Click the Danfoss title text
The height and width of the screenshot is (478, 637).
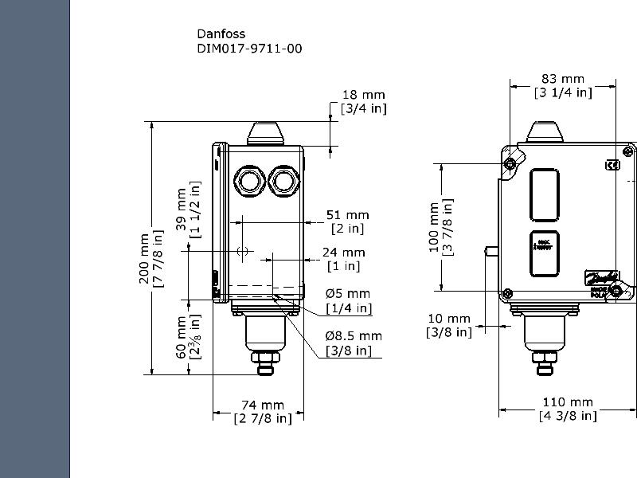pyautogui.click(x=221, y=33)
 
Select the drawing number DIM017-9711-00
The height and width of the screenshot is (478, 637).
pyautogui.click(x=249, y=49)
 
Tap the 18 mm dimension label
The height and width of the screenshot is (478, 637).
pyautogui.click(x=363, y=95)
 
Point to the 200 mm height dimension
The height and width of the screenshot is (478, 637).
pyautogui.click(x=144, y=260)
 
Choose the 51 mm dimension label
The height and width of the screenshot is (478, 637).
pyautogui.click(x=348, y=215)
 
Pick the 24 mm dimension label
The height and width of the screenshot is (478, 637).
pyautogui.click(x=343, y=253)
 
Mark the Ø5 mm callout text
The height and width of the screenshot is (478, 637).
pyautogui.click(x=348, y=294)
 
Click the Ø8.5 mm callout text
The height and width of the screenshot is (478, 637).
pyautogui.click(x=353, y=336)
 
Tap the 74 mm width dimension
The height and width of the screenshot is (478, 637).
pyautogui.click(x=262, y=406)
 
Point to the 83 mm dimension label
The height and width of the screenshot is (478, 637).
pyautogui.click(x=563, y=79)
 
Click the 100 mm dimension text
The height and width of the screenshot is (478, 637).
pyautogui.click(x=435, y=226)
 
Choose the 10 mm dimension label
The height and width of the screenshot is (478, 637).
pyautogui.click(x=449, y=319)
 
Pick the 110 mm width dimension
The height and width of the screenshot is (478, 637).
pyautogui.click(x=567, y=402)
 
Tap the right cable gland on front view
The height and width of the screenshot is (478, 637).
pyautogui.click(x=283, y=180)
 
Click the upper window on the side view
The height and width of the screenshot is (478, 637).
pyautogui.click(x=545, y=194)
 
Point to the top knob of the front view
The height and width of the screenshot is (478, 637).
pyautogui.click(x=266, y=132)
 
